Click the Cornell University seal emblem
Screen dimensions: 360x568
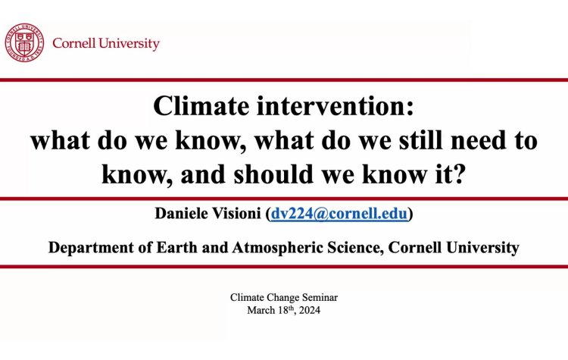pyautogui.click(x=25, y=42)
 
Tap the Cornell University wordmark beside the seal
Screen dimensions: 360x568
pyautogui.click(x=106, y=43)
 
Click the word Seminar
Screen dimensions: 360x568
pyautogui.click(x=317, y=297)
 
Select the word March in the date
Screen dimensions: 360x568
pyautogui.click(x=262, y=310)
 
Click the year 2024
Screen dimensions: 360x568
pyautogui.click(x=308, y=310)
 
